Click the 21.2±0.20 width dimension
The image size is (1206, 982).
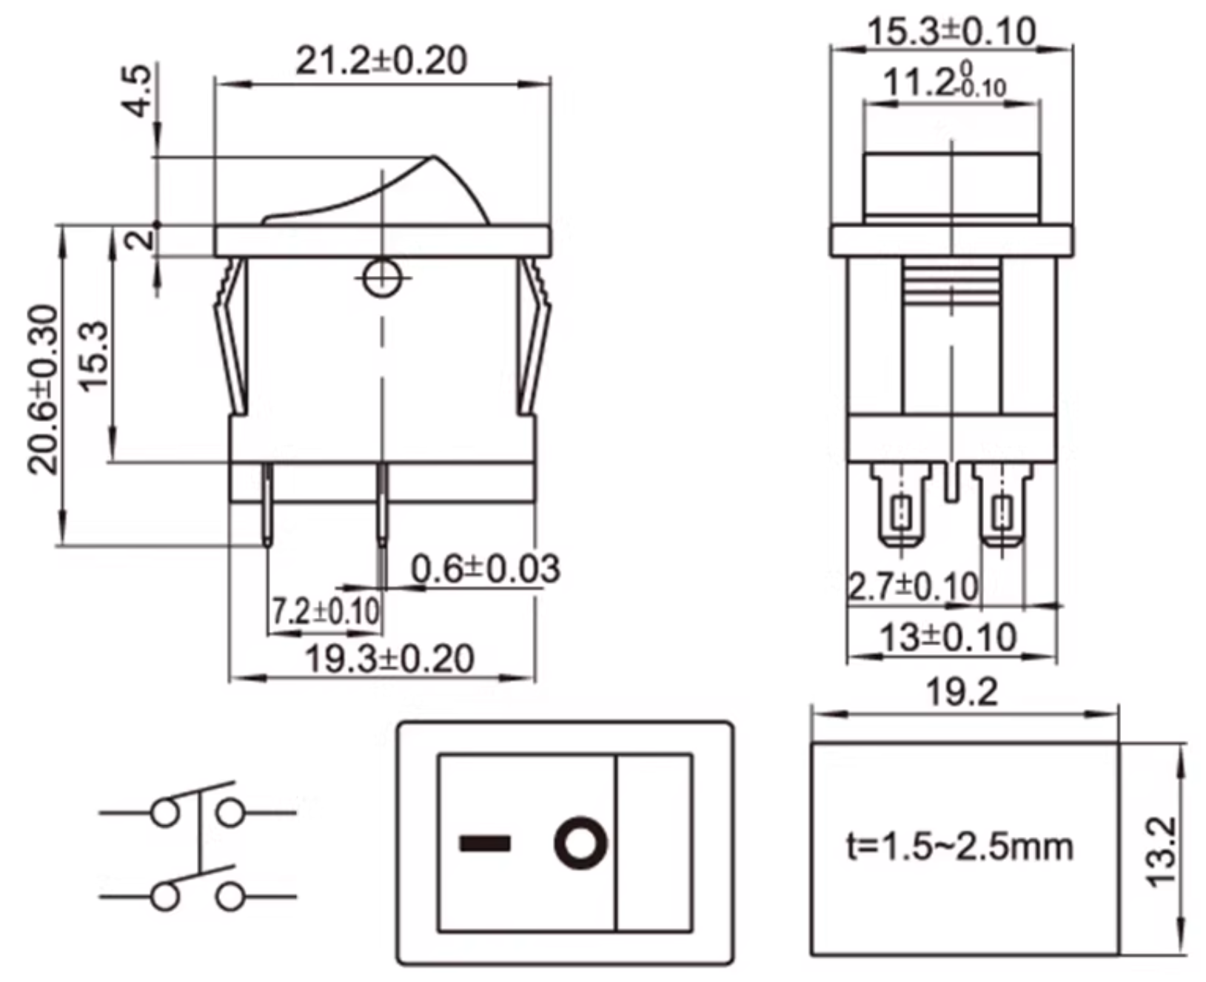point(381,61)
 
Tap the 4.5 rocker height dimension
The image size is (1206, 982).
point(138,90)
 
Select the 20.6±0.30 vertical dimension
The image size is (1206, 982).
point(43,389)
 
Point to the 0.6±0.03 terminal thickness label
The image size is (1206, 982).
point(485,569)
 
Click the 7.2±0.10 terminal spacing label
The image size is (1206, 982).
point(326,611)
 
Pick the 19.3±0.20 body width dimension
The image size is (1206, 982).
point(389,659)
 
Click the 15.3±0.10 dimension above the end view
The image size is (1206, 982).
point(951,32)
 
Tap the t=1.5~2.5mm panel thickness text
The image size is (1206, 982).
point(959,847)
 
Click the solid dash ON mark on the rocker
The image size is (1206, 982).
point(485,844)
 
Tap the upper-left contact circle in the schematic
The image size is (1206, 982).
point(165,813)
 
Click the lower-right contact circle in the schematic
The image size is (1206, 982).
point(230,896)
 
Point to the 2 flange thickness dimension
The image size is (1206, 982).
point(139,240)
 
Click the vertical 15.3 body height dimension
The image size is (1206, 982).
point(93,355)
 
